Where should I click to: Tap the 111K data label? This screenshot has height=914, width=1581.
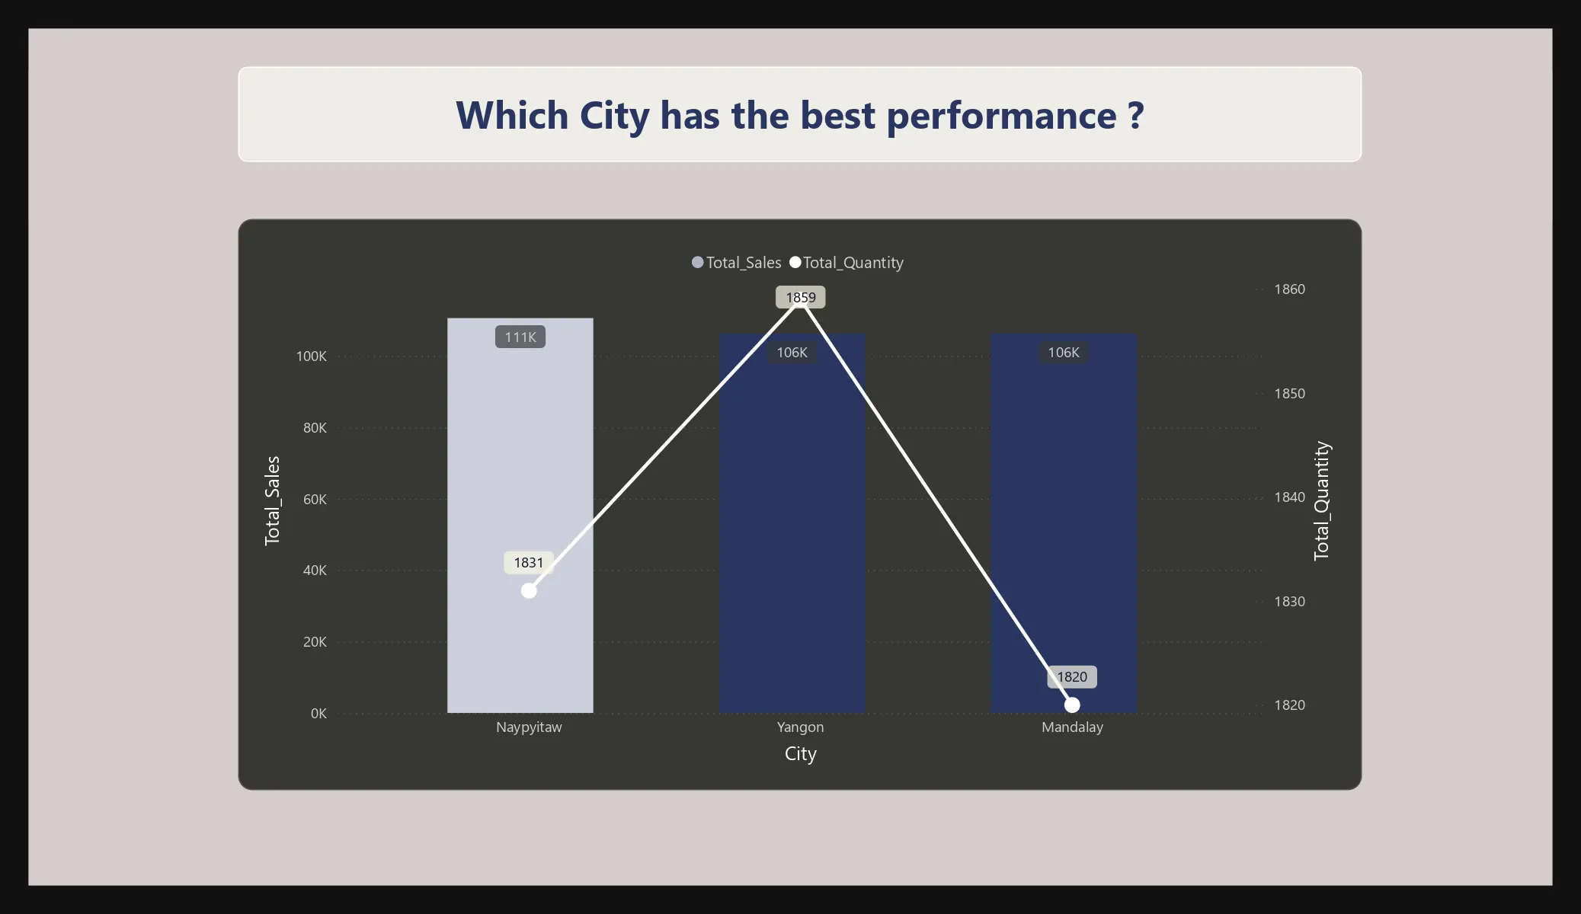[520, 337]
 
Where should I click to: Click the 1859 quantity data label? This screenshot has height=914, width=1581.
[801, 297]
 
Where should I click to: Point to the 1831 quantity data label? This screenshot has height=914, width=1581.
[529, 563]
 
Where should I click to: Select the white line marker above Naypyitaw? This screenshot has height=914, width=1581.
[529, 590]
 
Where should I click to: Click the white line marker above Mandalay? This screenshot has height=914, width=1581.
[1072, 705]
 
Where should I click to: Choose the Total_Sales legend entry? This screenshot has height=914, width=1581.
[736, 263]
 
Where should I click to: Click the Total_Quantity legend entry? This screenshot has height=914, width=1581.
[847, 263]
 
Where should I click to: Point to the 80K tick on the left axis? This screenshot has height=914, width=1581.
[315, 428]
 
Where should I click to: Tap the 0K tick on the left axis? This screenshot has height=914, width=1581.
[318, 714]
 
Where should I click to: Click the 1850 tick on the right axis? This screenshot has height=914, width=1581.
[1289, 394]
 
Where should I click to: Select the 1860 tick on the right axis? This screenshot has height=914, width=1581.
[1289, 289]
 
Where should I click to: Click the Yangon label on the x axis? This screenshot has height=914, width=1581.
[800, 727]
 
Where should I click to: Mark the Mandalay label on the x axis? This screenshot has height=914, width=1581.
[1072, 727]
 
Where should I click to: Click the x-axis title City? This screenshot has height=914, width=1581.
[800, 754]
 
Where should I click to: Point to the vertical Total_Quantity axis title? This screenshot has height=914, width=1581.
[1321, 501]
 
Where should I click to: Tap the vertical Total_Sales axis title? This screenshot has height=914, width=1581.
[272, 501]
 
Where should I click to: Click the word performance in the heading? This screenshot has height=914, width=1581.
[1001, 116]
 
